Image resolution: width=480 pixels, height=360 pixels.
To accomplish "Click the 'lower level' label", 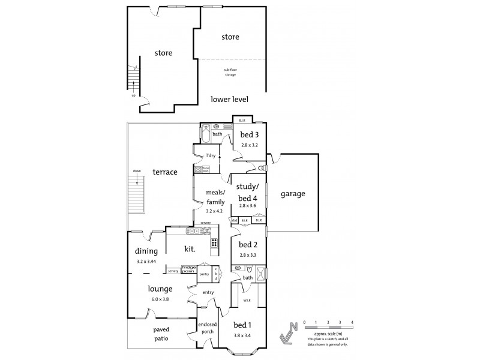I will tap(230, 99).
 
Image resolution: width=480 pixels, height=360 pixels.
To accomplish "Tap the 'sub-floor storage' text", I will tap(230, 72).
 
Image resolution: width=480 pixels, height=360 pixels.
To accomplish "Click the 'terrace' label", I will tap(164, 172).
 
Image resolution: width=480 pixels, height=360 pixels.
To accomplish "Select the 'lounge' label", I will tap(161, 289).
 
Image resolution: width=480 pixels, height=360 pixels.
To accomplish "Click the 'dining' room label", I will tap(146, 251).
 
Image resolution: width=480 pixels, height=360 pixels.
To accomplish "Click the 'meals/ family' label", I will tap(215, 197).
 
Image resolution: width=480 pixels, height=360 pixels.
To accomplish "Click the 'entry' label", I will tap(208, 292).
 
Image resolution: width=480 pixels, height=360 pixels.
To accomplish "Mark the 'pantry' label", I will tap(204, 274).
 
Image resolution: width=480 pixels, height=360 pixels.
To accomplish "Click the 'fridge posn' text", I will tap(189, 269).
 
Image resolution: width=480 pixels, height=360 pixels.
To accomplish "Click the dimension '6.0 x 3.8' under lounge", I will tap(160, 299).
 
